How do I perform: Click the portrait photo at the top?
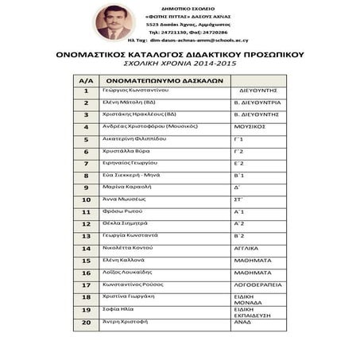pyautogui.click(x=114, y=22)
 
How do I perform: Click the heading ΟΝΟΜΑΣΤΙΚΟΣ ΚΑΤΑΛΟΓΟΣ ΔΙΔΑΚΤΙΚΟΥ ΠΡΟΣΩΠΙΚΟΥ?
pyautogui.click(x=180, y=55)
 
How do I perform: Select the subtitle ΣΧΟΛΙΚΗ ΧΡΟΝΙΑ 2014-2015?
pyautogui.click(x=180, y=65)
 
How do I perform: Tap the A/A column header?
pyautogui.click(x=86, y=80)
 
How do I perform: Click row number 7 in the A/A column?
pyautogui.click(x=86, y=163)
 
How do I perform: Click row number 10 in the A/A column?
pyautogui.click(x=86, y=199)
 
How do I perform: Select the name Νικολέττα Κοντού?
pyautogui.click(x=128, y=247)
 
